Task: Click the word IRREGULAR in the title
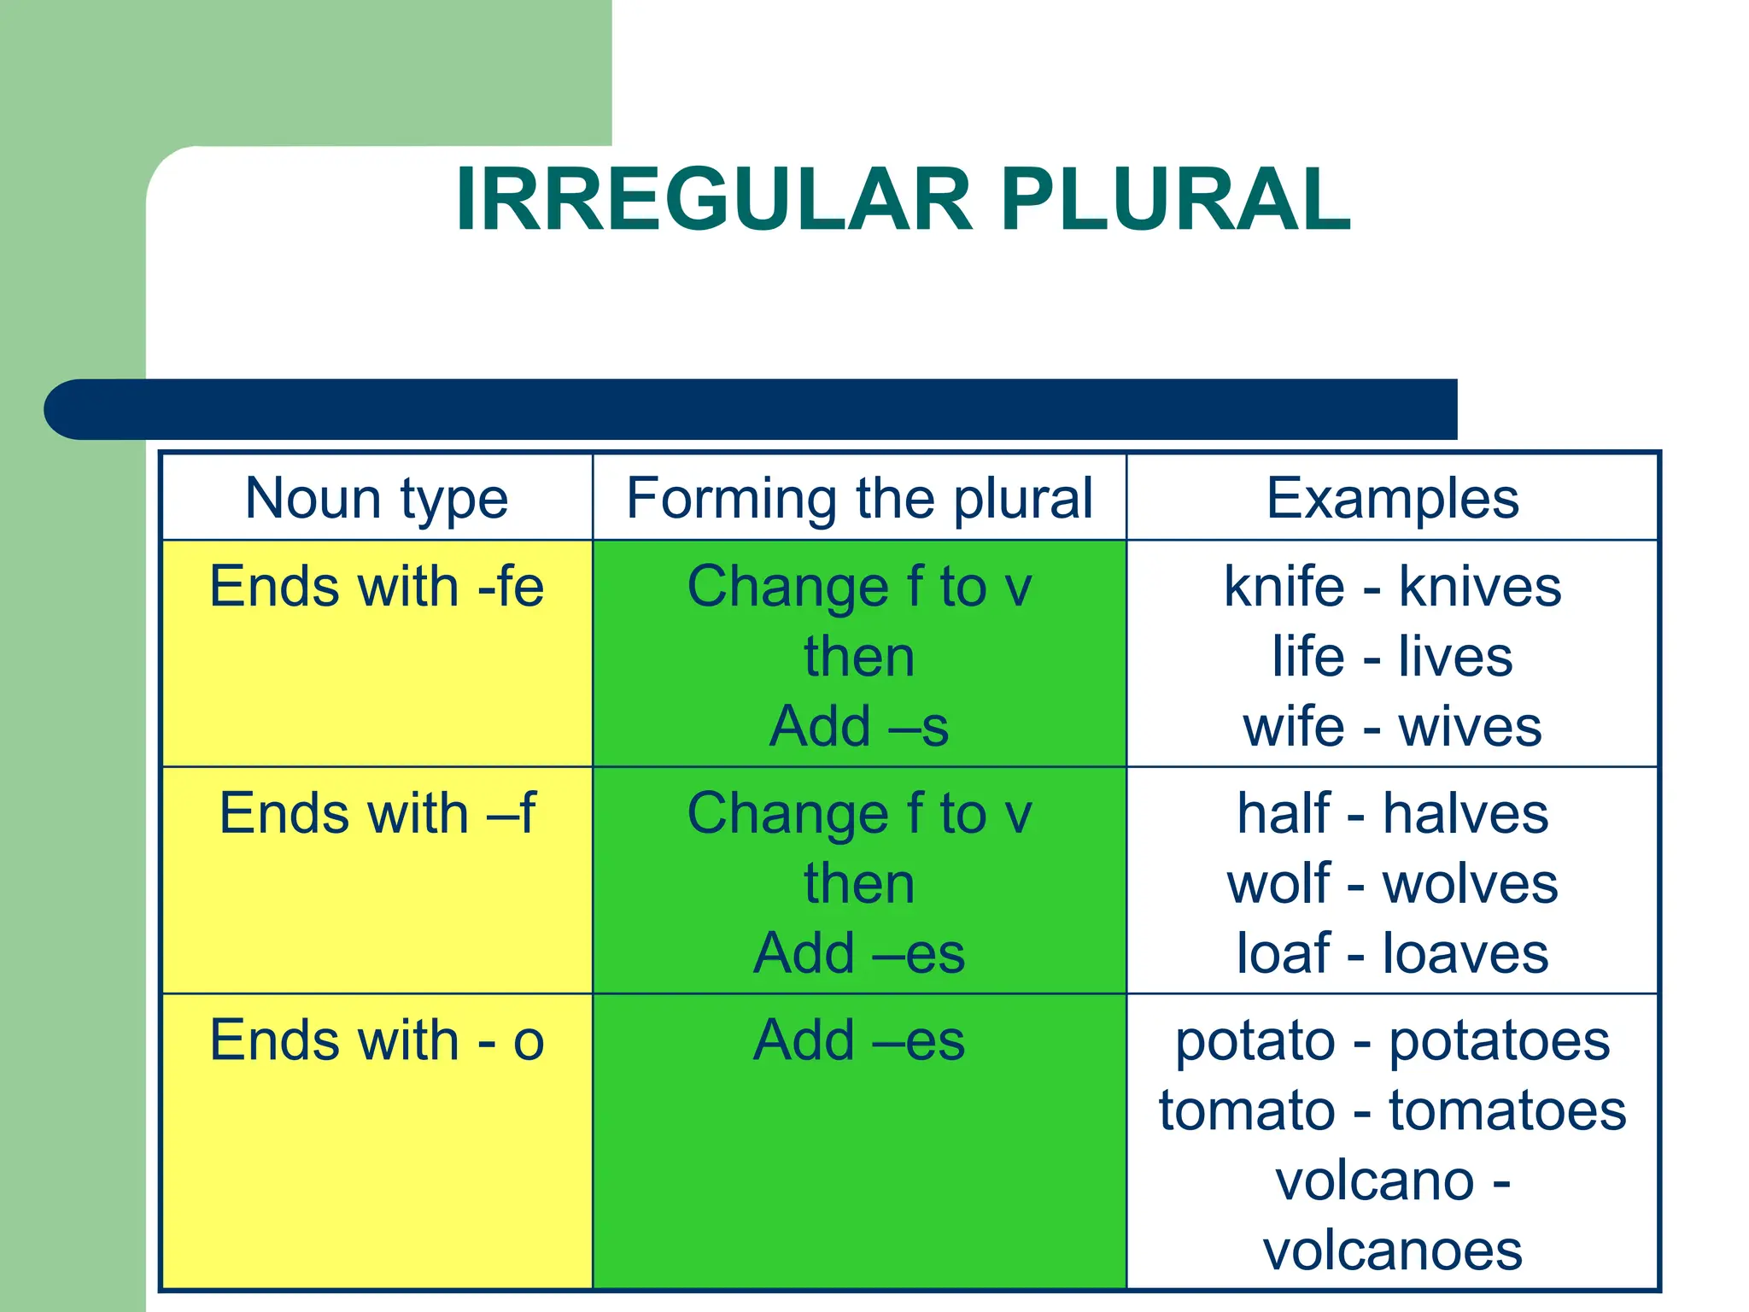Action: point(714,200)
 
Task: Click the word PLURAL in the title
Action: point(1176,200)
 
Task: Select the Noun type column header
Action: point(377,498)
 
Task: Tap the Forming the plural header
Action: point(859,498)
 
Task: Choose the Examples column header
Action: point(1392,498)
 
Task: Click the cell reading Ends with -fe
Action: point(377,588)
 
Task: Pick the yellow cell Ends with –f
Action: point(377,813)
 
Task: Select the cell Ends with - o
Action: point(377,1040)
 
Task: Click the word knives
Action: point(1480,588)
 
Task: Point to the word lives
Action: point(1455,657)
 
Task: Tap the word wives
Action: point(1470,727)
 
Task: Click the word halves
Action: point(1465,813)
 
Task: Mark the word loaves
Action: point(1465,953)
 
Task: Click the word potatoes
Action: point(1500,1042)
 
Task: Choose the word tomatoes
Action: point(1507,1110)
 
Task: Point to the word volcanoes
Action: point(1392,1251)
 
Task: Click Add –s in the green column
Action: point(859,727)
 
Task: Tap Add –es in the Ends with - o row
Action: point(859,1040)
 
